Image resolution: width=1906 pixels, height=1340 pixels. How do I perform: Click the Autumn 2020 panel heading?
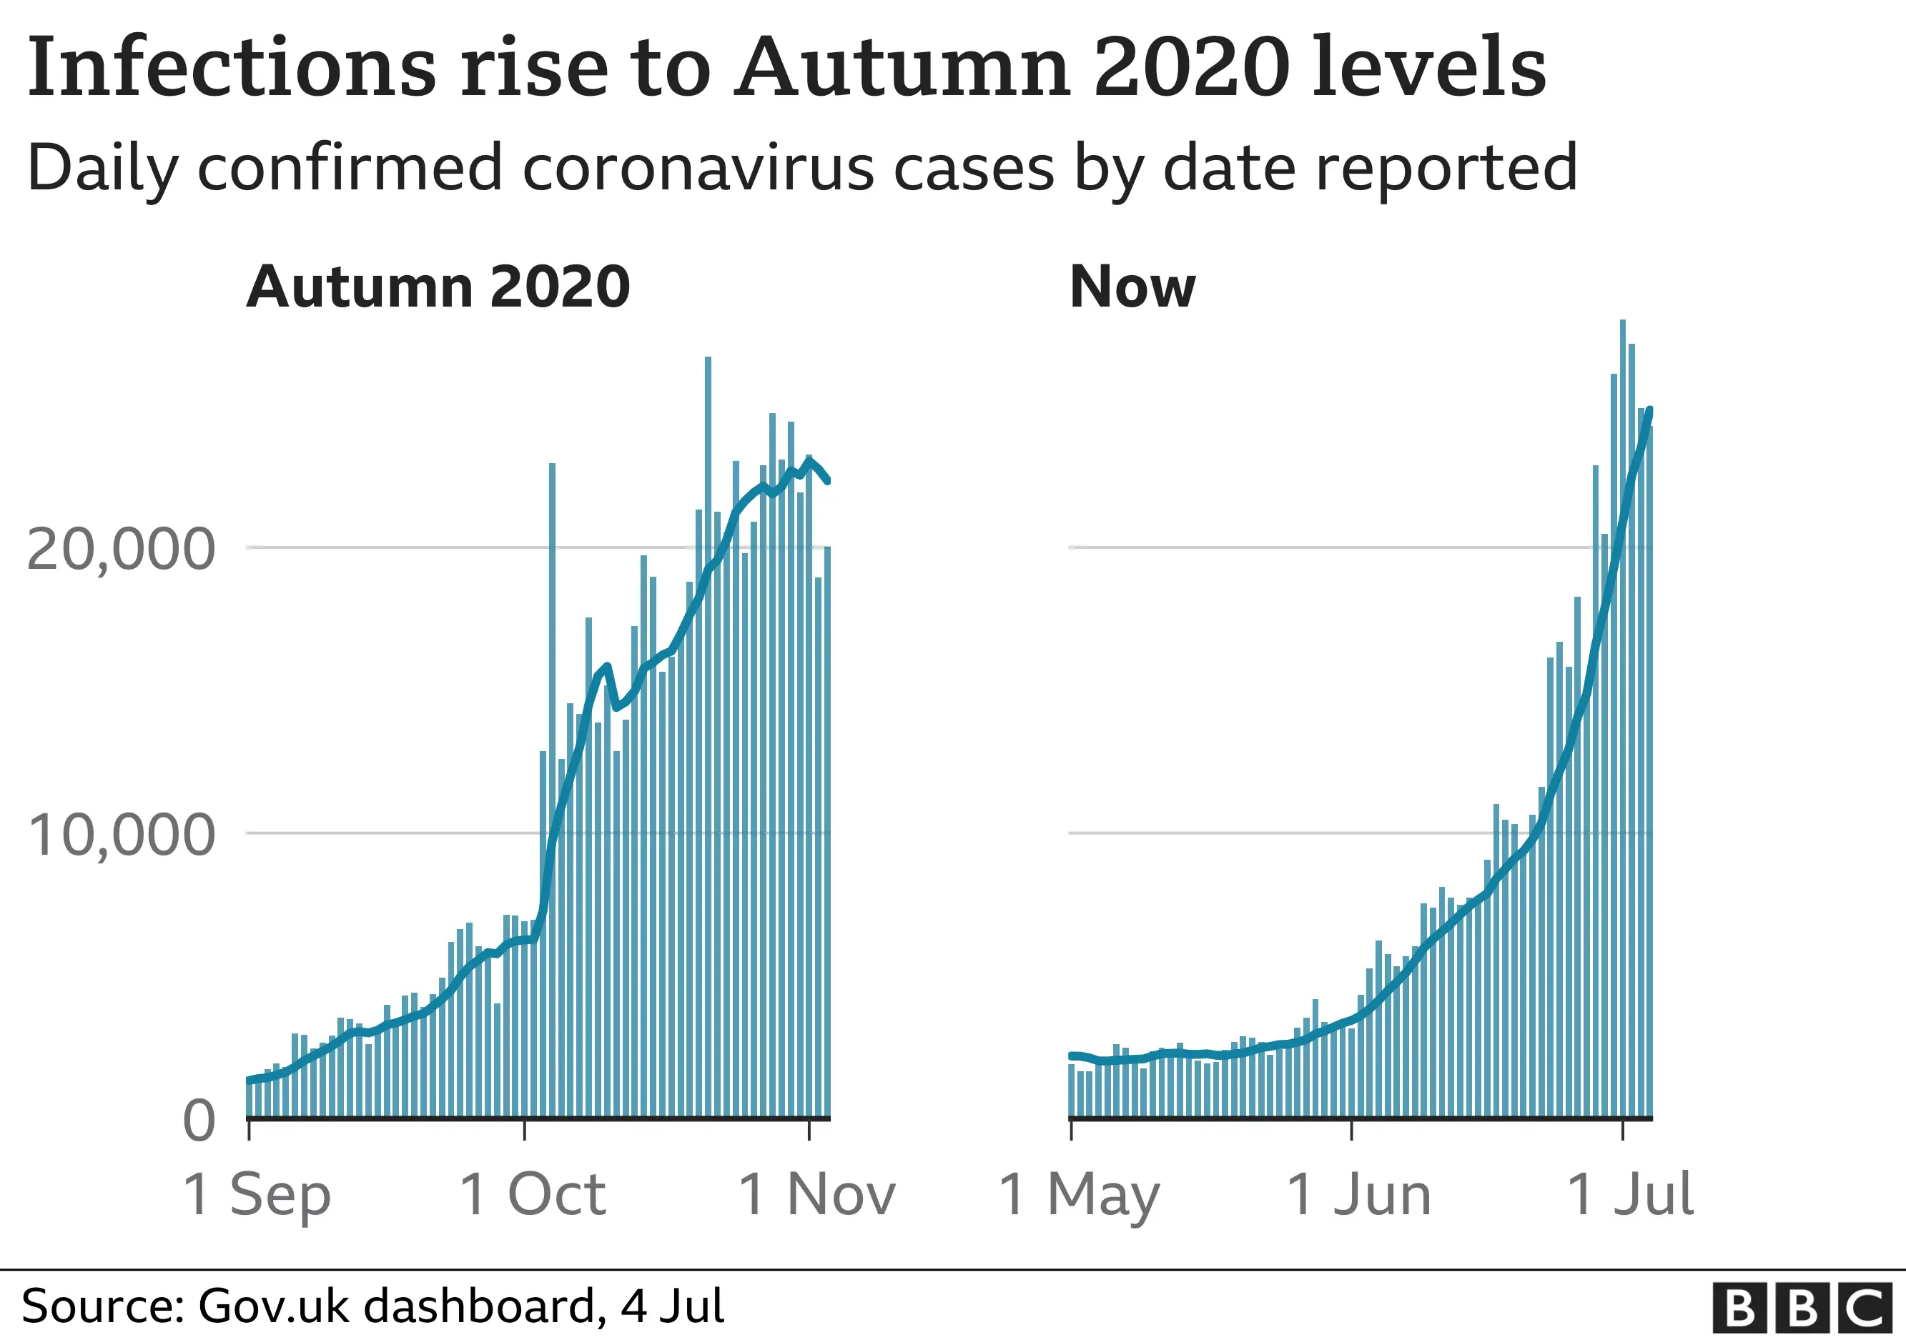point(438,287)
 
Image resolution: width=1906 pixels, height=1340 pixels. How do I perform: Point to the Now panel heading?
point(1132,287)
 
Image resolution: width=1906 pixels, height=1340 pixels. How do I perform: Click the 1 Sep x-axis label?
point(257,1195)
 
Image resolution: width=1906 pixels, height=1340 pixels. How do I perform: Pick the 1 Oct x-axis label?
point(532,1195)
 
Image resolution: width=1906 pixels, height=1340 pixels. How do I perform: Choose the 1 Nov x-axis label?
point(817,1195)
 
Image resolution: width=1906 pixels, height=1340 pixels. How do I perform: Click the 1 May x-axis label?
point(1078,1195)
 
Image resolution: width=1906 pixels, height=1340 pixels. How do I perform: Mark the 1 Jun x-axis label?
point(1359,1195)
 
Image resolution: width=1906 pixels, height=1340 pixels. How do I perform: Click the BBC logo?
point(1803,1309)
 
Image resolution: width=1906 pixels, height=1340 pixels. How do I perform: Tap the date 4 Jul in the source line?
point(673,1306)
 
